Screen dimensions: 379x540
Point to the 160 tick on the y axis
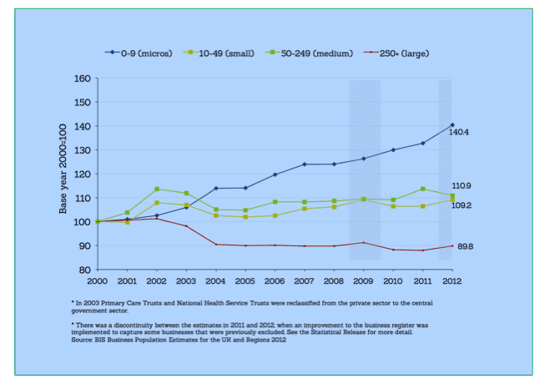[x=82, y=78]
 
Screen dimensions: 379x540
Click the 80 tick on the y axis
[x=84, y=270]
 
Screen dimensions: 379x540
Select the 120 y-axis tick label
[x=82, y=174]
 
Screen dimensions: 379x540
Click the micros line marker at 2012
[x=452, y=125]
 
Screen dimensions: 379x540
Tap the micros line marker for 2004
[x=215, y=189]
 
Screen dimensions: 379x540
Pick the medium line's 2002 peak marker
[x=157, y=189]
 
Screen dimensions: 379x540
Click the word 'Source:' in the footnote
[x=84, y=341]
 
